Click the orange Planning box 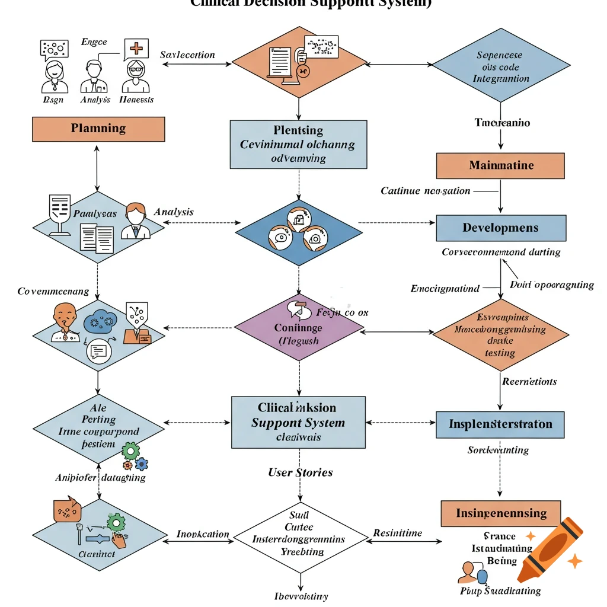[98, 129]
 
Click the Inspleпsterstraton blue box [500, 424]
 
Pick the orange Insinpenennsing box [501, 513]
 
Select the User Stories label [300, 472]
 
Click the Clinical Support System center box [298, 422]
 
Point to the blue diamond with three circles [299, 232]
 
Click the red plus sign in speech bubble [136, 49]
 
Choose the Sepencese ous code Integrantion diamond [501, 66]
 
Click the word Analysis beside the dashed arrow [174, 212]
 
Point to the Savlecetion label [187, 55]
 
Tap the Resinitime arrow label [397, 533]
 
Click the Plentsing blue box [298, 144]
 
